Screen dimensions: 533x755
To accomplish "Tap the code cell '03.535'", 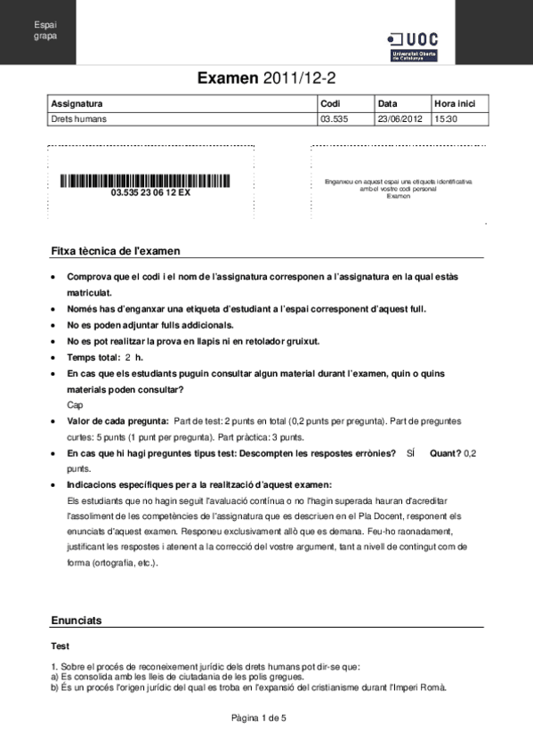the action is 334,118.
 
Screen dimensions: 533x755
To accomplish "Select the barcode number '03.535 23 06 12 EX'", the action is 149,192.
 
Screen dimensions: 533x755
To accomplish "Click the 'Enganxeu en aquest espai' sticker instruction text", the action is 399,185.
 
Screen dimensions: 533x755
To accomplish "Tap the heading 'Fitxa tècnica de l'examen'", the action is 116,252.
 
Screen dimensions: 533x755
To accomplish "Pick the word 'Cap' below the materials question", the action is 74,404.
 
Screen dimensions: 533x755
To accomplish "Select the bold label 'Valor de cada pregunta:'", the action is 117,420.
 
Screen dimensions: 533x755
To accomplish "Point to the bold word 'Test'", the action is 61,646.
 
